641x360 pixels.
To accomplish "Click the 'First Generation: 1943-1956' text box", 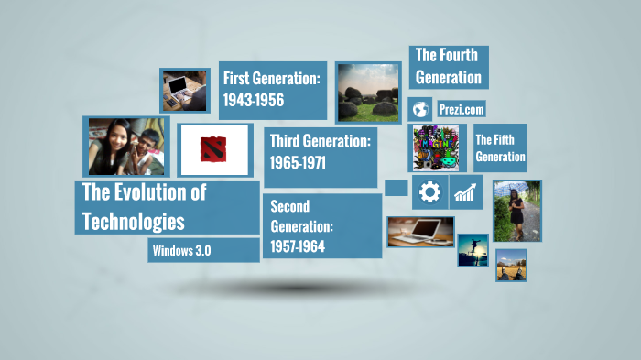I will click(x=273, y=90).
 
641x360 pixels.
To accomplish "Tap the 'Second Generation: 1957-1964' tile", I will click(x=321, y=226).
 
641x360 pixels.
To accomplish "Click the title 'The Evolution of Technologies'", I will click(x=167, y=207).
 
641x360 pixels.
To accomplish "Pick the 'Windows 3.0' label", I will click(x=203, y=250).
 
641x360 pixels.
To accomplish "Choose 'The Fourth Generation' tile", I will click(x=448, y=67).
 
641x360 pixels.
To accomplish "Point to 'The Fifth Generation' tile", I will click(x=500, y=148).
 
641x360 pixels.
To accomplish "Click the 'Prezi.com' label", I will click(x=461, y=109).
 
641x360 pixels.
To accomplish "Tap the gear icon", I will click(x=429, y=192).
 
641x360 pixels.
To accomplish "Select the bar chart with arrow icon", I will click(x=466, y=192).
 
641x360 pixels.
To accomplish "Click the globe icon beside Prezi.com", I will click(x=420, y=109).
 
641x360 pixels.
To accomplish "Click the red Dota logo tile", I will click(x=214, y=149).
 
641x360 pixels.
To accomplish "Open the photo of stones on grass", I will click(x=368, y=93).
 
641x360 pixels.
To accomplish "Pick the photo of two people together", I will click(x=126, y=147).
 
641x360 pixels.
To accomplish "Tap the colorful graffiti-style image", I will click(x=437, y=148).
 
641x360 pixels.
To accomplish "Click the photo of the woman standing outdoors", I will click(x=516, y=210).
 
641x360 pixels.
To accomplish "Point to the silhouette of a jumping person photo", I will click(x=473, y=249).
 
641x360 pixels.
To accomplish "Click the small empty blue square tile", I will click(x=396, y=187).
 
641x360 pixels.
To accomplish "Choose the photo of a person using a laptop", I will click(x=185, y=90).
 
